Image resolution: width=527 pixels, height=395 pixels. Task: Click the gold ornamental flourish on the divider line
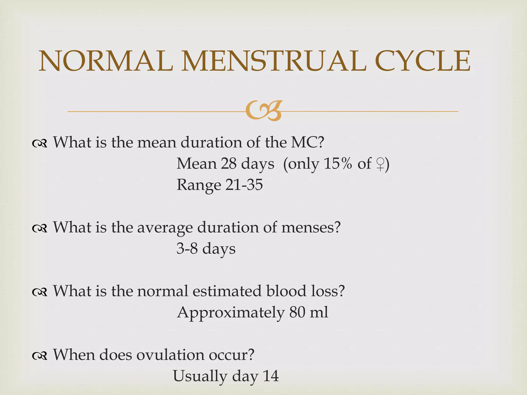click(263, 111)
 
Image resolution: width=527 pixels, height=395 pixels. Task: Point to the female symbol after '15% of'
click(380, 164)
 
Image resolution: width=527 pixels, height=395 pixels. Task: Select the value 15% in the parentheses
click(338, 164)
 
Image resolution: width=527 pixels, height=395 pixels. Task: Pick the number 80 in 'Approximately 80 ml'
click(297, 312)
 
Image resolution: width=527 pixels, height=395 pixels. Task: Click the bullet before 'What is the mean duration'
click(40, 143)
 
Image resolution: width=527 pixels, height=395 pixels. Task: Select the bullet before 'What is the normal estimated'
click(40, 292)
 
